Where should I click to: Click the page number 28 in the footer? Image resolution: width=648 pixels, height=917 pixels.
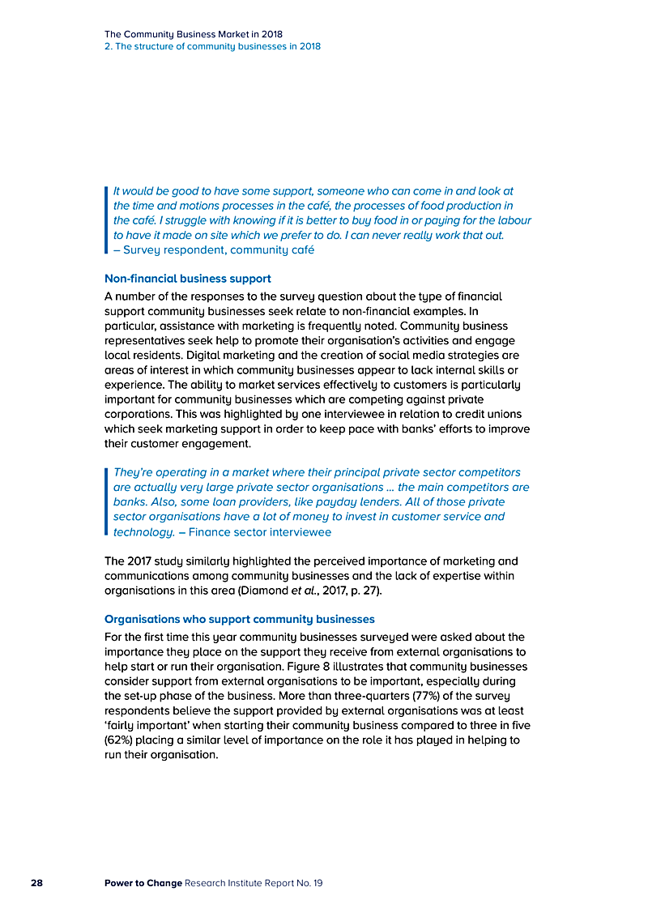[x=36, y=882]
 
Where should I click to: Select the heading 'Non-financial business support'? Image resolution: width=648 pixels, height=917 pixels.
[x=188, y=279]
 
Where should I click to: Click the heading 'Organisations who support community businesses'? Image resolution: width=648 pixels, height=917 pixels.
[x=240, y=620]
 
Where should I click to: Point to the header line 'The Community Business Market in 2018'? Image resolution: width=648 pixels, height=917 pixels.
[x=194, y=35]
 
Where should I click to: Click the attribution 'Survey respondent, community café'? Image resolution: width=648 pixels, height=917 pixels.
[x=219, y=250]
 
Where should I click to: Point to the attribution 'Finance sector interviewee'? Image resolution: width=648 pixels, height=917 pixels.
[x=260, y=532]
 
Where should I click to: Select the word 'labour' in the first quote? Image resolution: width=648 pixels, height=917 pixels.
[x=514, y=220]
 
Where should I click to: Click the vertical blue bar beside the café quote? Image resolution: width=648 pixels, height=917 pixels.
[x=107, y=220]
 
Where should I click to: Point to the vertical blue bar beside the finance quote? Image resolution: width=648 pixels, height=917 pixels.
[x=107, y=501]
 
